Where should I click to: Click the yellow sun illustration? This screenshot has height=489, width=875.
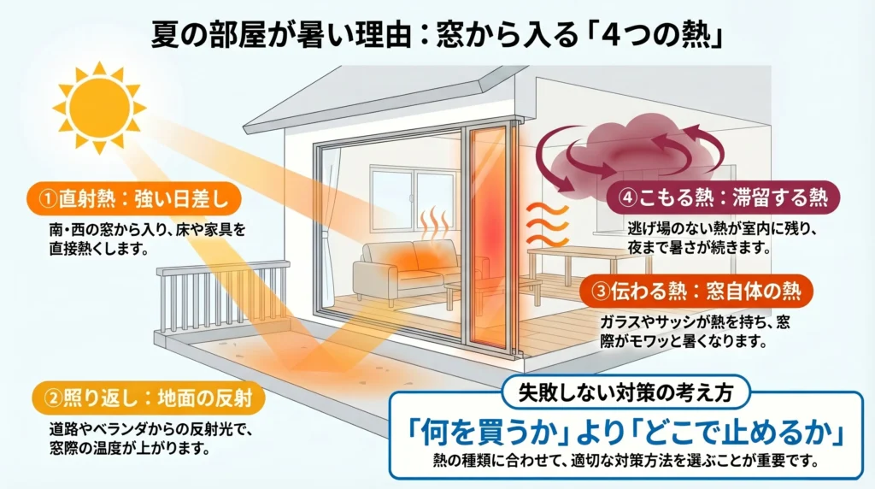point(99,107)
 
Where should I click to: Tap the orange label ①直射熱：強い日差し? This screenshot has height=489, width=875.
point(134,198)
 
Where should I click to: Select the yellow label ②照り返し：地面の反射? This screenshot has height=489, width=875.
point(149,398)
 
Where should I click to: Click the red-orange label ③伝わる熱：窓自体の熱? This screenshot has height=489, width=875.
point(696,291)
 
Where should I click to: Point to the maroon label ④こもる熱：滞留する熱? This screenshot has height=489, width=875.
point(723,197)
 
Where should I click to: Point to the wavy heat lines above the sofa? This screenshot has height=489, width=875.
point(435,223)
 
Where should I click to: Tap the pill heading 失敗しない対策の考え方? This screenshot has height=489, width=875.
point(625,392)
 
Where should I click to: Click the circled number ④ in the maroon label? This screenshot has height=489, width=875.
point(627,197)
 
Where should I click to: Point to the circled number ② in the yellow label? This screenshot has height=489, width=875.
point(53,398)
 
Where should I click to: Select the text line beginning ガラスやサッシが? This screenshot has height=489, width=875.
point(695,322)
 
